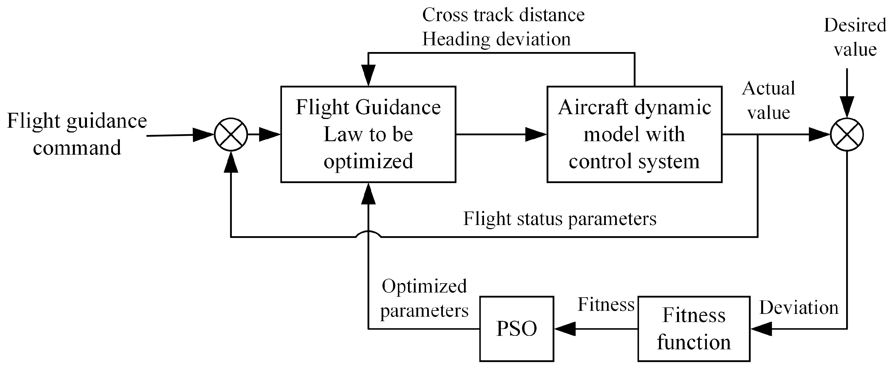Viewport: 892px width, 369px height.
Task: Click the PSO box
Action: (516, 328)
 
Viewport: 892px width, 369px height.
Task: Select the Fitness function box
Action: (694, 328)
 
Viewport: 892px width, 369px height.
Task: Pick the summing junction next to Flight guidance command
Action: (231, 134)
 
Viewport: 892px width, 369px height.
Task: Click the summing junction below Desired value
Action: (847, 134)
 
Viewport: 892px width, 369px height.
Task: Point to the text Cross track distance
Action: (503, 15)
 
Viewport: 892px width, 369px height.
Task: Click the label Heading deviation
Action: (496, 39)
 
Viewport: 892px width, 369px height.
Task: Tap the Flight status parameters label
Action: (560, 219)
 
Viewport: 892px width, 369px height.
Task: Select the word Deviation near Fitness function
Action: (799, 307)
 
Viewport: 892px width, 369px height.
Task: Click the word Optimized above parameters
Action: (424, 286)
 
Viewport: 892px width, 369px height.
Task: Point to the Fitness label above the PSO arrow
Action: (606, 305)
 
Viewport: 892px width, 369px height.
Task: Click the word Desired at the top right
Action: (855, 25)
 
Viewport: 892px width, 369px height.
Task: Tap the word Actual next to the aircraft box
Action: (768, 88)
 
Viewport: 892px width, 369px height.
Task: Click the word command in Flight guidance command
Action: (77, 148)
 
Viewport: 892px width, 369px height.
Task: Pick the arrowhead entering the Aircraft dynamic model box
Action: (536, 134)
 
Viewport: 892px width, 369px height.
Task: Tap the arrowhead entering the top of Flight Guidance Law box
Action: (368, 75)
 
